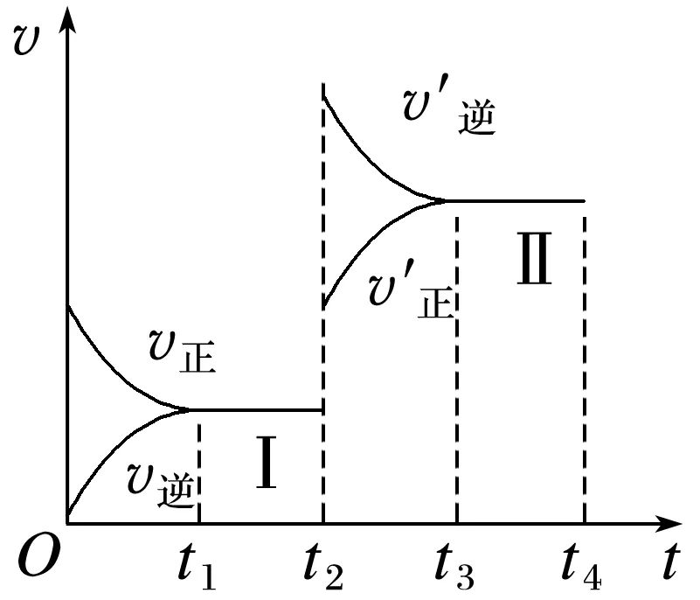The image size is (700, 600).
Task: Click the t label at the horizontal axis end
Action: pos(669,562)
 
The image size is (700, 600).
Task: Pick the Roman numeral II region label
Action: pos(533,262)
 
